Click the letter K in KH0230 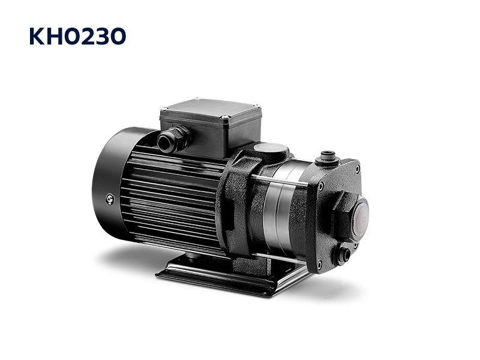coord(37,37)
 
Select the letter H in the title coord(54,37)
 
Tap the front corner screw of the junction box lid coord(226,117)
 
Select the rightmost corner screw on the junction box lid coord(258,107)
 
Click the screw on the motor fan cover coord(110,200)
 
